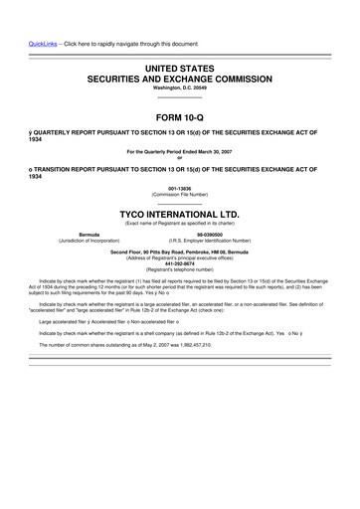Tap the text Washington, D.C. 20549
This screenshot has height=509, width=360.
(x=179, y=87)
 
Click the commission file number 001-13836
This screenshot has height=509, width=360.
(x=179, y=187)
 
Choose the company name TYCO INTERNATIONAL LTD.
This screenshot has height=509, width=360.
(x=179, y=213)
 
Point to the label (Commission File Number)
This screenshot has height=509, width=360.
(x=179, y=193)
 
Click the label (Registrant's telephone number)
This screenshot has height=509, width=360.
(x=179, y=269)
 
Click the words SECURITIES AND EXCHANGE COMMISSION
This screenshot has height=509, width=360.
(x=179, y=77)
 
